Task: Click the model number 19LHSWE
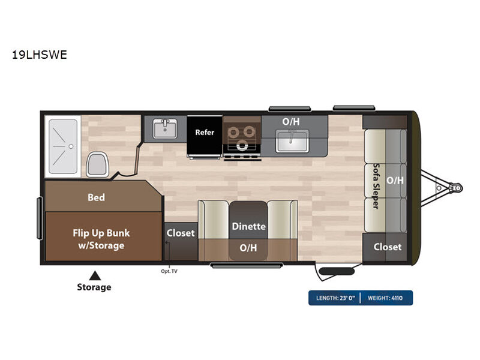[40, 55]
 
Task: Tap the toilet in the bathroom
[97, 164]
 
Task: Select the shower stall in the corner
[63, 146]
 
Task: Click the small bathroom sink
[165, 128]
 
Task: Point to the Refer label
[205, 132]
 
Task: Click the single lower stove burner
[242, 145]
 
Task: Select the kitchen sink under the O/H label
[292, 141]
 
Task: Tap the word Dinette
[248, 226]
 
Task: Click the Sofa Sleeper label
[376, 186]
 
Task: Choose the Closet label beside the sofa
[387, 247]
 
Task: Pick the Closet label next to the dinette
[181, 233]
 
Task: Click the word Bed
[96, 197]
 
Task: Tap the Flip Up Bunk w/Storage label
[101, 239]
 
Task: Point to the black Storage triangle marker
[95, 275]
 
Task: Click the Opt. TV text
[169, 271]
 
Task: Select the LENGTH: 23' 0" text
[335, 298]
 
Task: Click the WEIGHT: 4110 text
[385, 298]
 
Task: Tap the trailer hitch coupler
[455, 187]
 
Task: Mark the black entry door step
[337, 271]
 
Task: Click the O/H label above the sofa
[395, 181]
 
